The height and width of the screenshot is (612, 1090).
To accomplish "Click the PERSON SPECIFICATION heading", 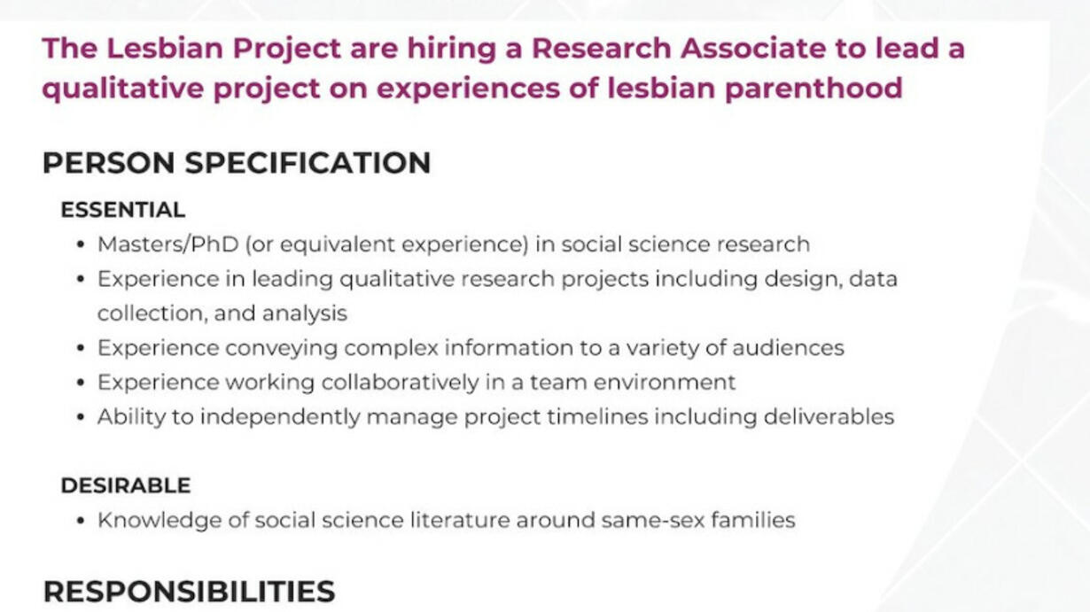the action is [x=237, y=162].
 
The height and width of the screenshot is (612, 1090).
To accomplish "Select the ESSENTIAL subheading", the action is [x=123, y=210].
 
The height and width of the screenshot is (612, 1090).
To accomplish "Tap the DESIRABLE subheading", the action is [x=126, y=485].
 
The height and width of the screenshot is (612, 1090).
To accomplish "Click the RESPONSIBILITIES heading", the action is [x=190, y=592].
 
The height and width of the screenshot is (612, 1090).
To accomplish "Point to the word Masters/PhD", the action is [x=167, y=244].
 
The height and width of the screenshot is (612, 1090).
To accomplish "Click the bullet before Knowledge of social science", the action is [x=81, y=521].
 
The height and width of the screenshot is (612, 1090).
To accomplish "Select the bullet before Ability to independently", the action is [x=81, y=417].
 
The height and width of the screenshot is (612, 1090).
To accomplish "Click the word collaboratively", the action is [x=400, y=383].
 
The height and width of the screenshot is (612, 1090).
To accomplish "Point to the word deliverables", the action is [x=829, y=417].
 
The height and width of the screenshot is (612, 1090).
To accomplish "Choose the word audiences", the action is [x=788, y=348].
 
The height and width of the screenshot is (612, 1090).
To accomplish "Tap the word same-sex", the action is [x=653, y=521].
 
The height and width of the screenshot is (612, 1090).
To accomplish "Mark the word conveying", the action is [x=281, y=349].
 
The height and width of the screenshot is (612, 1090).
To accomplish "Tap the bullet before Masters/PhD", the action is [x=81, y=244].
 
